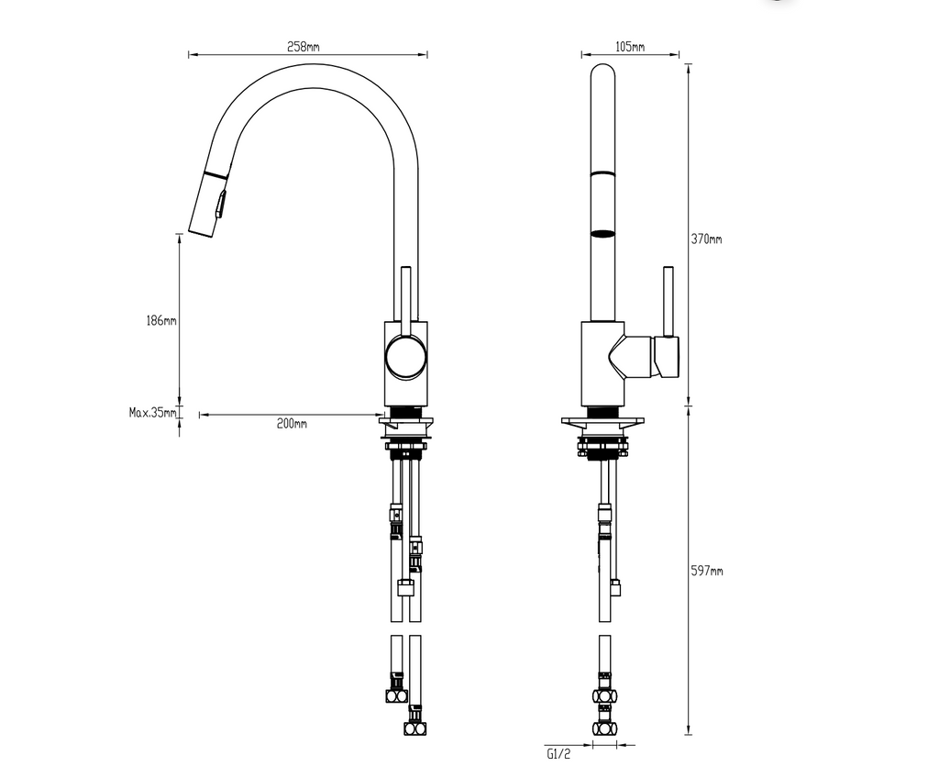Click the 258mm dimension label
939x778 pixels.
(x=303, y=46)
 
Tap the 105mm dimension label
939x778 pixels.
(x=630, y=46)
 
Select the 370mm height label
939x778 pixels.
(x=707, y=239)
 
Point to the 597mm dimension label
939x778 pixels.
(x=707, y=571)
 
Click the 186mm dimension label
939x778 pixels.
(x=161, y=321)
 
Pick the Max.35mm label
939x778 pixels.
(x=153, y=412)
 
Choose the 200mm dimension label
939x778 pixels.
(x=292, y=424)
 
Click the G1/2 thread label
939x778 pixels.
(x=558, y=753)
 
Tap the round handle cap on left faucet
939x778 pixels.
(x=406, y=357)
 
